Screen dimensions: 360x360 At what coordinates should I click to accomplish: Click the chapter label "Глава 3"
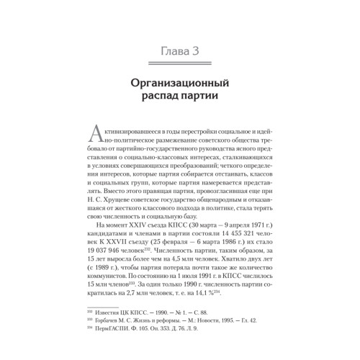(x=180, y=50)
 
